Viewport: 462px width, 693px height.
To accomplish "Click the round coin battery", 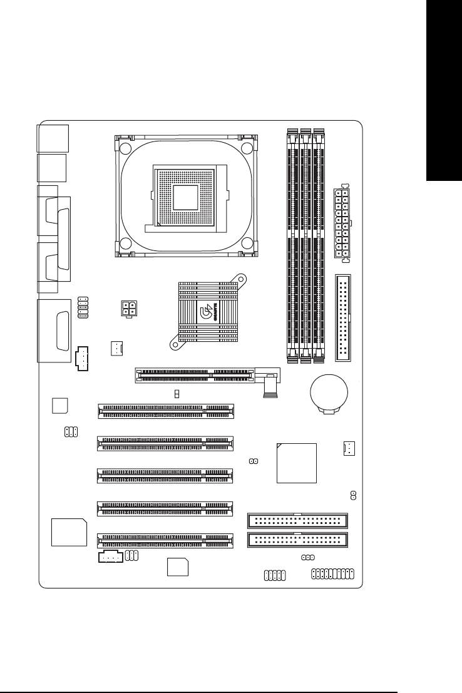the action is coord(328,392).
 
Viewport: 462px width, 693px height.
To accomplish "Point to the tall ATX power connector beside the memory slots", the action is coord(338,223).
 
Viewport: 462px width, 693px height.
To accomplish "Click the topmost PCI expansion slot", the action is coord(165,411).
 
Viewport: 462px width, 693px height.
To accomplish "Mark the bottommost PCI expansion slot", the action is coord(165,540).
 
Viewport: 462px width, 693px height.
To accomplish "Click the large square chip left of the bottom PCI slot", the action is coord(69,533).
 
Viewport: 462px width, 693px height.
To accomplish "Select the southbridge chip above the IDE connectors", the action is coord(296,463).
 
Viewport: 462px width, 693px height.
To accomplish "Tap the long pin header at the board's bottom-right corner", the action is coord(332,573).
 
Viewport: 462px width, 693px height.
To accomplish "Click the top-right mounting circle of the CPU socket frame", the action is coord(246,148).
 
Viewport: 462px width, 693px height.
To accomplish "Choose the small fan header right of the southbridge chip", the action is coord(349,448).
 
